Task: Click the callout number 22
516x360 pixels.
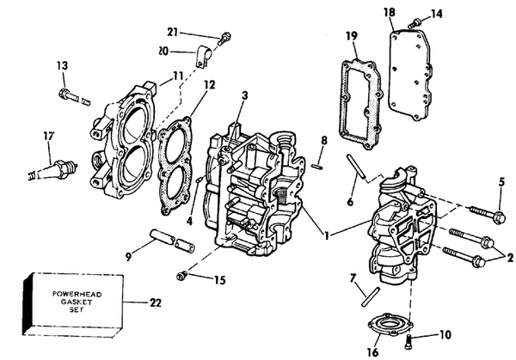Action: (155, 302)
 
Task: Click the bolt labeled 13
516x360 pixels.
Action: (74, 97)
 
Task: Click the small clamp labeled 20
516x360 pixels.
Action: (205, 58)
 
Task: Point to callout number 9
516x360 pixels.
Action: (127, 255)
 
